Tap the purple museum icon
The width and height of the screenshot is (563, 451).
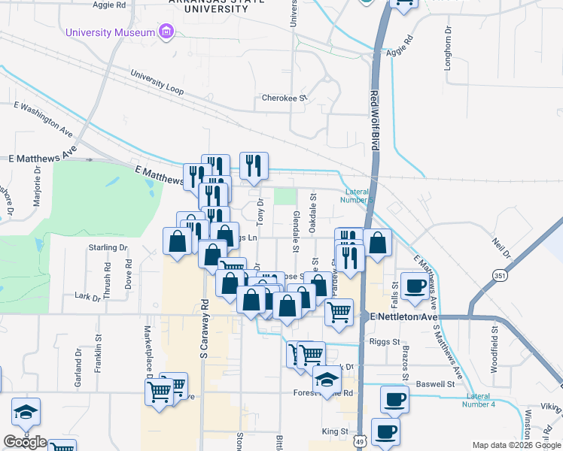pos(165,32)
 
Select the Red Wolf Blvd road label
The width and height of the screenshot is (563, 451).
pos(373,120)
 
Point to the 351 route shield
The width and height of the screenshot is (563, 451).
pos(499,276)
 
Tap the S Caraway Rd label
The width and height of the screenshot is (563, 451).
pos(204,328)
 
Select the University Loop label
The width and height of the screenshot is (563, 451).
pos(157,83)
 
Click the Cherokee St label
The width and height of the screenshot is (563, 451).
pos(285,98)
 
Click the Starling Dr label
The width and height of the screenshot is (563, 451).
pos(108,247)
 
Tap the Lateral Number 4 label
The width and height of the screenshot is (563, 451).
pos(482,400)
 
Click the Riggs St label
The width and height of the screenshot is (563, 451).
pos(385,341)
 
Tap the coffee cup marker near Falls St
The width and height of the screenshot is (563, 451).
pos(415,286)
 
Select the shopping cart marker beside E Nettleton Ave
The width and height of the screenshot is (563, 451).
pos(339,310)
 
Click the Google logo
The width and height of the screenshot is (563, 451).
pos(25,443)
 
